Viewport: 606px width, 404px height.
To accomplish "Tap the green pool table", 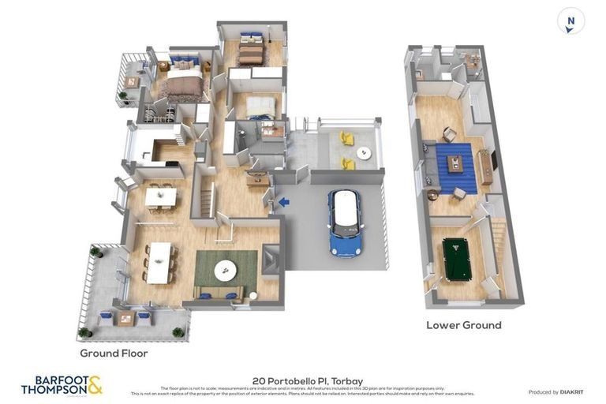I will pos(456,259).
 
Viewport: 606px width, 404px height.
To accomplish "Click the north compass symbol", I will pos(570,21).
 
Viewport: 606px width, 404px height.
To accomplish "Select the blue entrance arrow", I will pos(283,202).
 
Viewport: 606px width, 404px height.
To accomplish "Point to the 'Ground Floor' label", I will pos(114,353).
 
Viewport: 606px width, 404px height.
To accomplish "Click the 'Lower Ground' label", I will pos(464,325).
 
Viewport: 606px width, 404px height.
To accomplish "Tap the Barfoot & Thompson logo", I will pos(62,385).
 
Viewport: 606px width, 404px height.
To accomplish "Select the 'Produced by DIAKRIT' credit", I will pos(555,392).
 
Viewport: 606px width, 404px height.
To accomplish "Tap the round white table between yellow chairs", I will pos(363,152).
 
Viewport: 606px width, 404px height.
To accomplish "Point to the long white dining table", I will pos(159,262).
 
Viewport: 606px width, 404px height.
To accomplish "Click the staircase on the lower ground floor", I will pos(497,245).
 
